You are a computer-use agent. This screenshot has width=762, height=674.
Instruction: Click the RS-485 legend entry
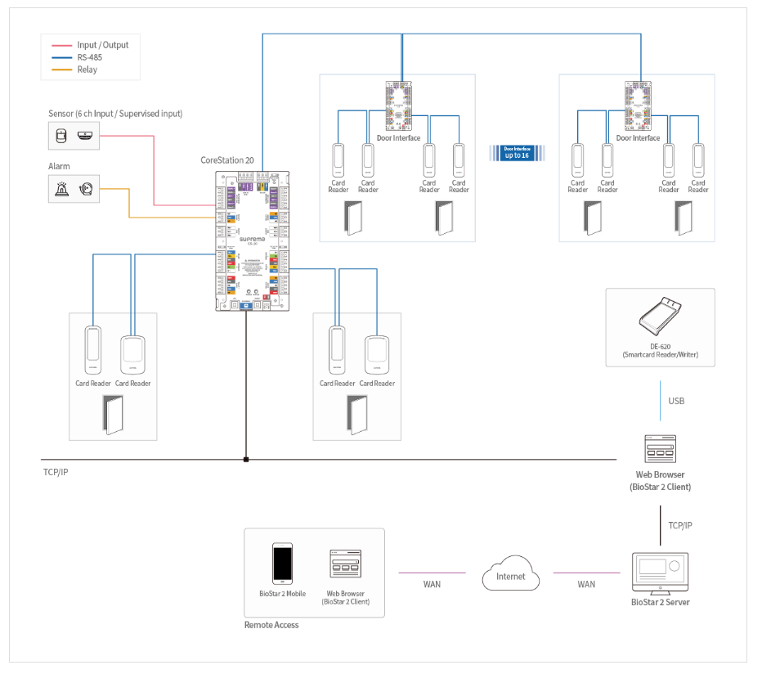pyautogui.click(x=89, y=57)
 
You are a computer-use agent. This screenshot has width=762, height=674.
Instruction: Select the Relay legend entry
pyautogui.click(x=87, y=70)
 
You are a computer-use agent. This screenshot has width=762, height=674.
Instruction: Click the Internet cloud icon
pyautogui.click(x=511, y=573)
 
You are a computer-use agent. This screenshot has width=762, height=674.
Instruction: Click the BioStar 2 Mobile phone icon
pyautogui.click(x=283, y=564)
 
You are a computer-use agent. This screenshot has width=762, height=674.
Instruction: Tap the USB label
pyautogui.click(x=676, y=401)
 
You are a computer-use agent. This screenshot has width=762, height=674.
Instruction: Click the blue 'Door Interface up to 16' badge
pyautogui.click(x=517, y=152)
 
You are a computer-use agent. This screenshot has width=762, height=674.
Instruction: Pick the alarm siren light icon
pyautogui.click(x=62, y=190)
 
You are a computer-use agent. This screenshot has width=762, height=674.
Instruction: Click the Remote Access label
pyautogui.click(x=271, y=625)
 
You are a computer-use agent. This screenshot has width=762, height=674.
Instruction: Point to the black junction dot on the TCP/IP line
pyautogui.click(x=246, y=460)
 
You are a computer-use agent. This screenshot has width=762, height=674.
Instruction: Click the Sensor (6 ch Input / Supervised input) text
pyautogui.click(x=115, y=114)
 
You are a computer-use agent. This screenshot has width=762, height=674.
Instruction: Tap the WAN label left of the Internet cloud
pyautogui.click(x=433, y=584)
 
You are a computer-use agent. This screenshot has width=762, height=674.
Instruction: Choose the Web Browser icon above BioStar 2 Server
pyautogui.click(x=660, y=449)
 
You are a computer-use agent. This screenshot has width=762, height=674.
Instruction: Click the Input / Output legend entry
pyautogui.click(x=103, y=45)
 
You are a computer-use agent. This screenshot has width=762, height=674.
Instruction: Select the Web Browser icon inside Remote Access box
pyautogui.click(x=345, y=564)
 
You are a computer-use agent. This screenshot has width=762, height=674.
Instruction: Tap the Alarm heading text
pyautogui.click(x=60, y=166)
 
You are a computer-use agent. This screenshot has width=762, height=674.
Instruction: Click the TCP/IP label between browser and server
pyautogui.click(x=680, y=525)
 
